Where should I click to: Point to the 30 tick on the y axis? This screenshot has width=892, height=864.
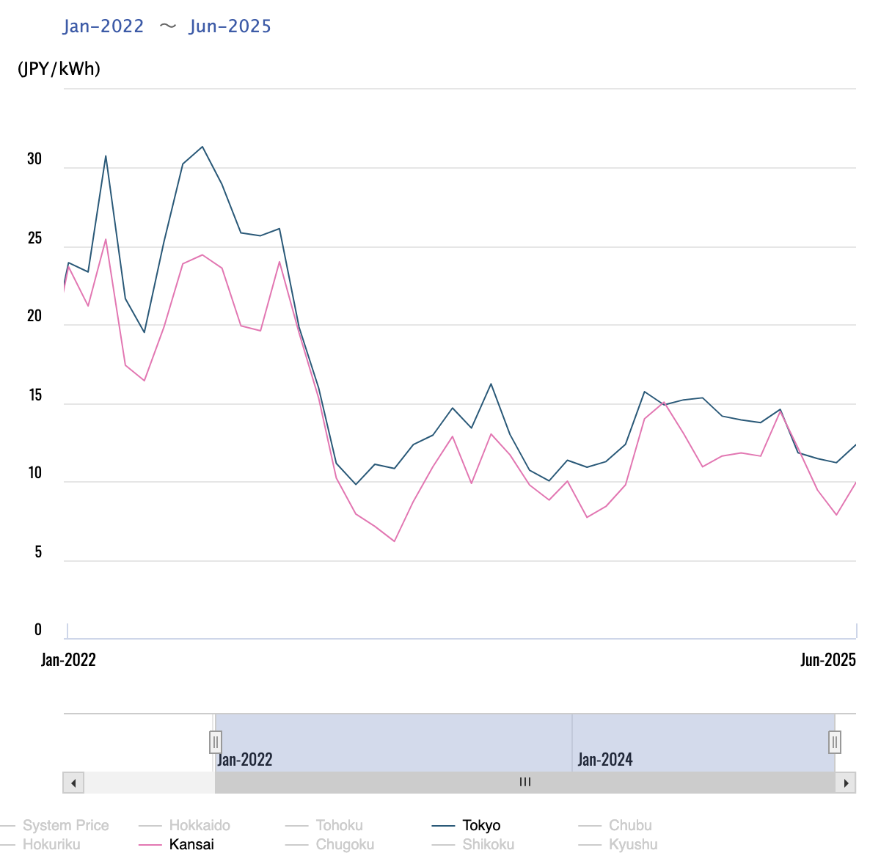(34, 159)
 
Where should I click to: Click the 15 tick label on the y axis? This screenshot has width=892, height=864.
(34, 395)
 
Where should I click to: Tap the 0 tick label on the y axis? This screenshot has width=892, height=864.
(38, 629)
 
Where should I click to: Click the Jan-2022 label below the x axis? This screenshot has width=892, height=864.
(68, 659)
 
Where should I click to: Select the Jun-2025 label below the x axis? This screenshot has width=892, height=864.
(828, 659)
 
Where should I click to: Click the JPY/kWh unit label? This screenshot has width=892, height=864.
(59, 69)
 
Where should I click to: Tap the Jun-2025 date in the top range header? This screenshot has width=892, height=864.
(230, 26)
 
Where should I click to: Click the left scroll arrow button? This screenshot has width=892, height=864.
(73, 783)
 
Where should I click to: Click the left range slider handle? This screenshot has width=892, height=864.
(216, 742)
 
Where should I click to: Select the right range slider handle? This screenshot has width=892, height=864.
(835, 742)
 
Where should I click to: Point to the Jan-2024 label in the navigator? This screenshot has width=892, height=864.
(605, 759)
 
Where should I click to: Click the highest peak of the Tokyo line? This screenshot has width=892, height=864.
(202, 147)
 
